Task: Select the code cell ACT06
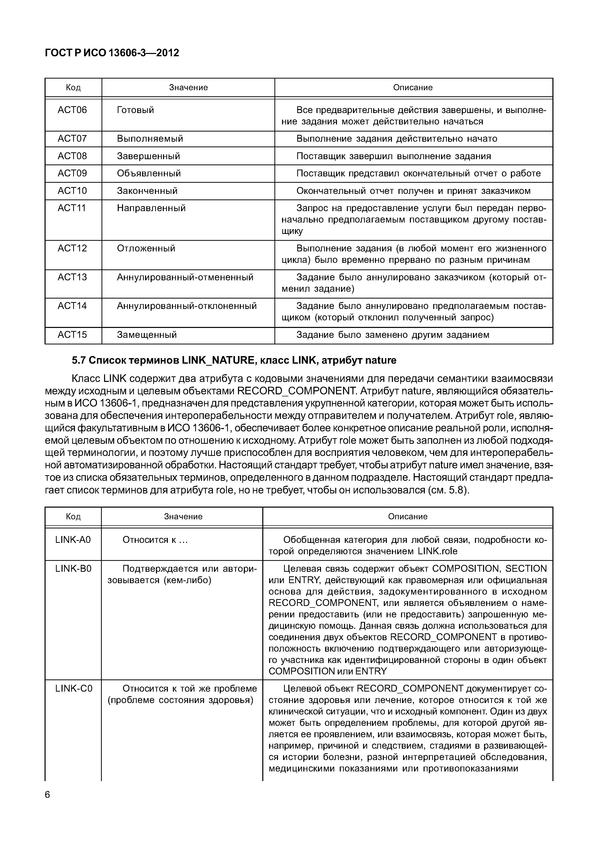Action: click(72, 110)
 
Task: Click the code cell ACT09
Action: click(72, 173)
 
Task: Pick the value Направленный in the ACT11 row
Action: click(151, 208)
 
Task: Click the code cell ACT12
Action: click(72, 248)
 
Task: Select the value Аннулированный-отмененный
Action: click(185, 277)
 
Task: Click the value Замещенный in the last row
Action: click(147, 335)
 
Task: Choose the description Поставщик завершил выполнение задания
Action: click(393, 156)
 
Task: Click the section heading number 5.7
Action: click(79, 360)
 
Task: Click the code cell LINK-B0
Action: click(73, 569)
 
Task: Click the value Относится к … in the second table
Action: click(155, 540)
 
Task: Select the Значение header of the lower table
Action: click(183, 516)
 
